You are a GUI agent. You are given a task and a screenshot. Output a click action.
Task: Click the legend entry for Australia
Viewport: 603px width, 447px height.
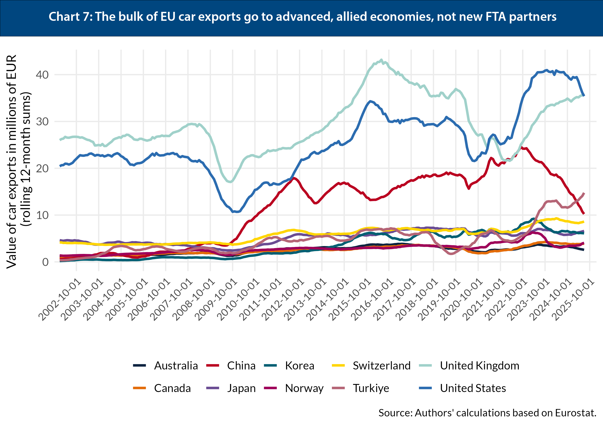[176, 366]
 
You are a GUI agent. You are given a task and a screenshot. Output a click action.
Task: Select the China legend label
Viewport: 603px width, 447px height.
[241, 366]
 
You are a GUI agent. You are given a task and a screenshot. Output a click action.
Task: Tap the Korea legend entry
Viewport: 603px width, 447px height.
[300, 366]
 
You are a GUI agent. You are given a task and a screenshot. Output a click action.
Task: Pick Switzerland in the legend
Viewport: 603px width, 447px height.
[381, 366]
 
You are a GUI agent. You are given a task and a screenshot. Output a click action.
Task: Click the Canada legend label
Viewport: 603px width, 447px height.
[172, 388]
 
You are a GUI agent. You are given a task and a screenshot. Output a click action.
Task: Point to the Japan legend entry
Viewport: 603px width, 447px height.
[241, 388]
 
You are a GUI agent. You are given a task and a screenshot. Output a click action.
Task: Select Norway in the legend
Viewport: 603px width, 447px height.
[304, 388]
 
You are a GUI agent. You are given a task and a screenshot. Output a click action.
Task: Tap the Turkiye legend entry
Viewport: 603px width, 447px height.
[371, 388]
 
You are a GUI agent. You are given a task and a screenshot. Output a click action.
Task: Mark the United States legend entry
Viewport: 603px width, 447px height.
[473, 388]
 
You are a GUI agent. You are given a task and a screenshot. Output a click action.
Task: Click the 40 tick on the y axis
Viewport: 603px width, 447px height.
[42, 75]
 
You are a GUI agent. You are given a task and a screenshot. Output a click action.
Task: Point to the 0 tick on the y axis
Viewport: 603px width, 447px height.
[45, 262]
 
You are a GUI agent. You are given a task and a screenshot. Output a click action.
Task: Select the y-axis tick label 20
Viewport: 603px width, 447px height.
[42, 168]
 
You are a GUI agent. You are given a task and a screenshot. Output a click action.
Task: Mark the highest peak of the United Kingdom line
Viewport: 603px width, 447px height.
[381, 60]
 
